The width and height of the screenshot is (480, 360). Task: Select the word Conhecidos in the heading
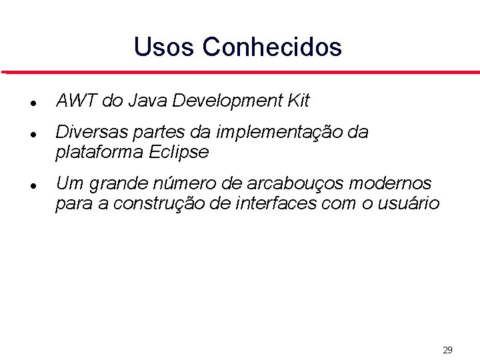pos(272,47)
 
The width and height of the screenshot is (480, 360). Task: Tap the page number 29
pos(447,350)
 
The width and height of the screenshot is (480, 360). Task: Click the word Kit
pos(298,101)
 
